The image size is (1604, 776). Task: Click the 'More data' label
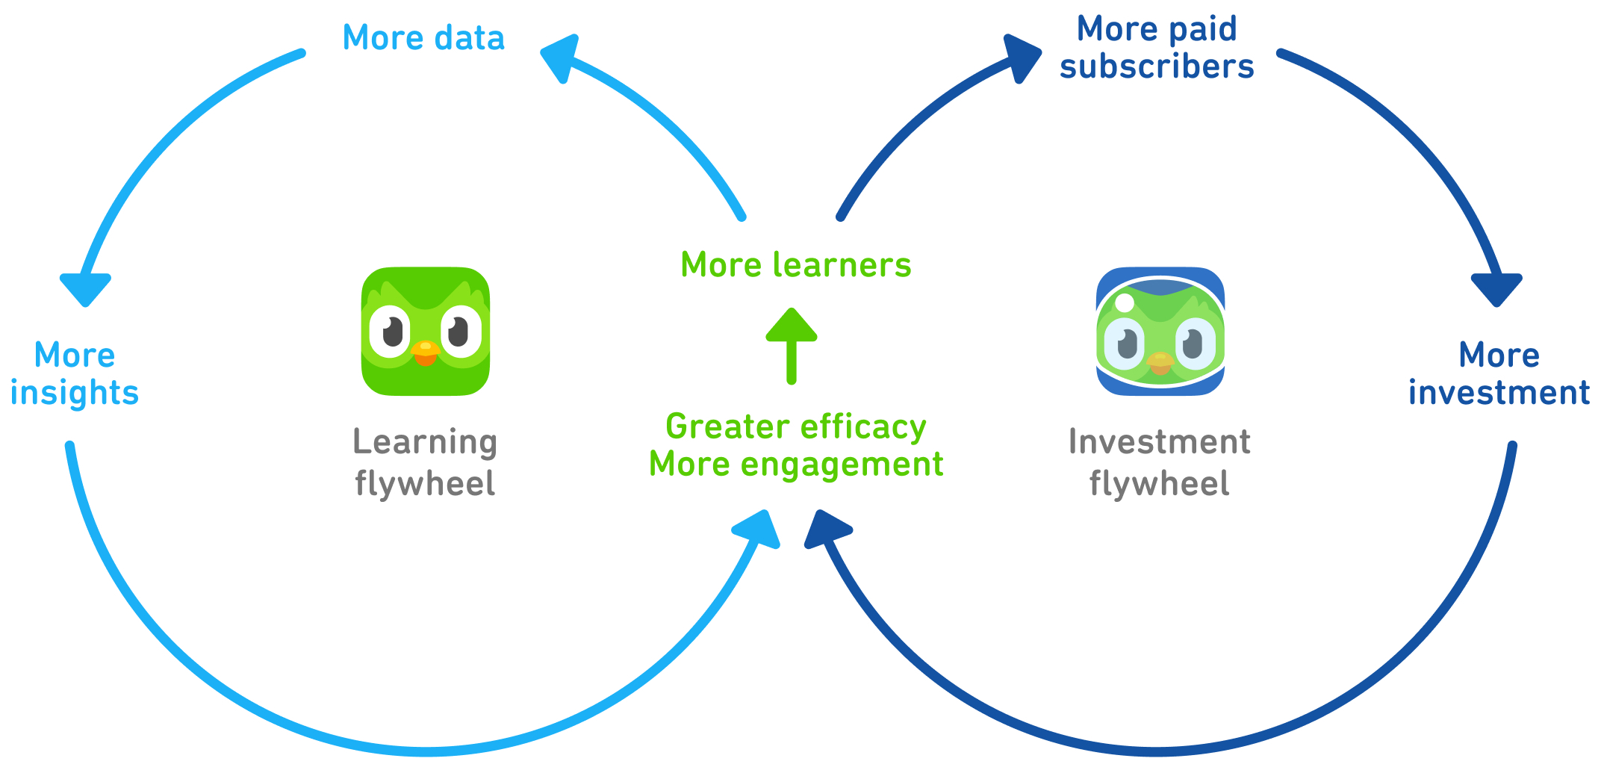pyautogui.click(x=423, y=38)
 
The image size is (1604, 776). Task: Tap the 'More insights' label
pyautogui.click(x=75, y=374)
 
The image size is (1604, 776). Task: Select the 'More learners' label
pyautogui.click(x=796, y=265)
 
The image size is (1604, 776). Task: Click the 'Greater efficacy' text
pyautogui.click(x=796, y=427)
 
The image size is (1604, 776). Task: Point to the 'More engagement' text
pyautogui.click(x=796, y=465)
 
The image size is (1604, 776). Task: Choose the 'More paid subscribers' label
pyautogui.click(x=1157, y=48)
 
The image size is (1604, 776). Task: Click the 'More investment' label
pyautogui.click(x=1499, y=374)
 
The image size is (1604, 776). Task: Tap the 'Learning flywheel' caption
pyautogui.click(x=425, y=462)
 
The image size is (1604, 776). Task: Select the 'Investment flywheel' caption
pyautogui.click(x=1159, y=462)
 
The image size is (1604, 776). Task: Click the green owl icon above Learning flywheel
pyautogui.click(x=426, y=331)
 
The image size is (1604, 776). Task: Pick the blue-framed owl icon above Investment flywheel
pyautogui.click(x=1160, y=331)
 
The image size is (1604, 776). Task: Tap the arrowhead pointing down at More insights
pyautogui.click(x=86, y=288)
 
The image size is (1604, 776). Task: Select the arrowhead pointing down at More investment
pyautogui.click(x=1496, y=288)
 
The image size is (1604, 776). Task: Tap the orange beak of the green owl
pyautogui.click(x=426, y=353)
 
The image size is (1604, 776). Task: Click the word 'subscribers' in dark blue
pyautogui.click(x=1157, y=66)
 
